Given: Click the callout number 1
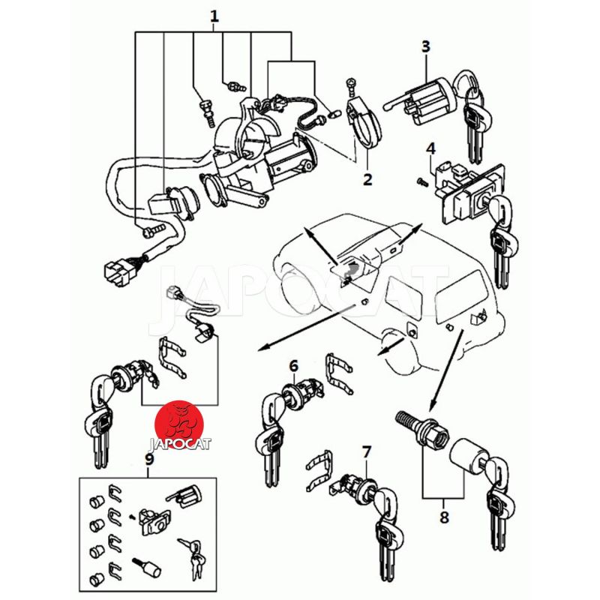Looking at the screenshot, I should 214,16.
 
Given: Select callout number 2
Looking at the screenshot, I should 367,179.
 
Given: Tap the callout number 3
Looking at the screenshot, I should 425,46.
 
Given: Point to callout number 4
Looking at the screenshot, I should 430,148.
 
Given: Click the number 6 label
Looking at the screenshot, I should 294,365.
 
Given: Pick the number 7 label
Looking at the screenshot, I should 366,451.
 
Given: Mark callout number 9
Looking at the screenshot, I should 148,460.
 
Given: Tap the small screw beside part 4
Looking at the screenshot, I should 421,181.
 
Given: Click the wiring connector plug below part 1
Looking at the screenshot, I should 115,273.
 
